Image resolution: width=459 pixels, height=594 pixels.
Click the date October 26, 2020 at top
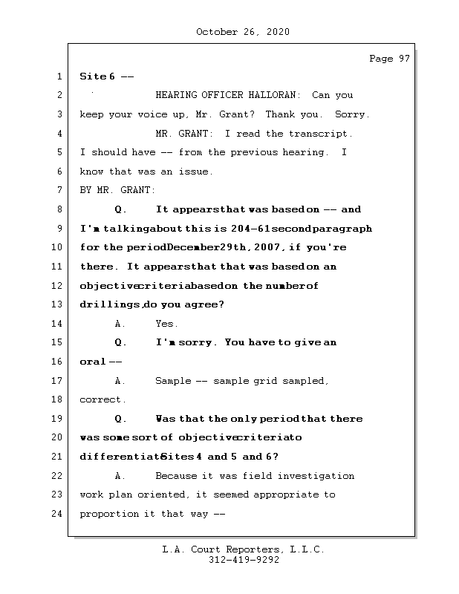[x=243, y=32]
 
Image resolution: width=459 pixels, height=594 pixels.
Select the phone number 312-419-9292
[x=244, y=561]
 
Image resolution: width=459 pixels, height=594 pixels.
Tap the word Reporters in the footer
[x=246, y=549]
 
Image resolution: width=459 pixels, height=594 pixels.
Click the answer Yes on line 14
[x=166, y=324]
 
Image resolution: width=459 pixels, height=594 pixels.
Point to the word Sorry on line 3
[x=351, y=115]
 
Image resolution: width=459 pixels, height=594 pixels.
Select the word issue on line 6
[x=195, y=172]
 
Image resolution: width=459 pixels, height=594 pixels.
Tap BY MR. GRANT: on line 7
[x=118, y=191]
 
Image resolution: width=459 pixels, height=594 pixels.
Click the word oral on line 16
[x=92, y=362]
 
